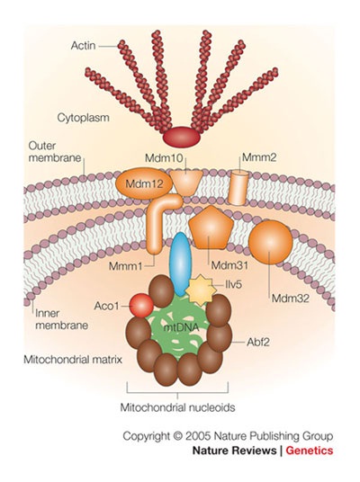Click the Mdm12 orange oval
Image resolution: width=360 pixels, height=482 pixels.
click(144, 183)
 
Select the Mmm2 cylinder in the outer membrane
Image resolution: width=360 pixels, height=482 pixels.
click(238, 188)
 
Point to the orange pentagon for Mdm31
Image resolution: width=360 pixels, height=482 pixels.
click(211, 228)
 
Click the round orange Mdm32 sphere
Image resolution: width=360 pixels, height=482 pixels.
click(271, 242)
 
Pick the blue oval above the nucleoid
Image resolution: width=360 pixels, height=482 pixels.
click(181, 264)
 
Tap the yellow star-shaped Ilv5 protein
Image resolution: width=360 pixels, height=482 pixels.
click(201, 290)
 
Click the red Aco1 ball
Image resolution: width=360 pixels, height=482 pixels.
click(141, 305)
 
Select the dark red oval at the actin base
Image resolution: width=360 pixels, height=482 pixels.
click(182, 137)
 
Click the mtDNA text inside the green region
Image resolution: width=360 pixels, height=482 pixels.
click(182, 327)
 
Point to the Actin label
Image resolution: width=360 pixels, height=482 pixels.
click(84, 46)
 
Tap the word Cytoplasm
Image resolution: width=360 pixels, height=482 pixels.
click(83, 118)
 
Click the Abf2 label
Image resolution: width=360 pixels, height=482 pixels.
click(258, 342)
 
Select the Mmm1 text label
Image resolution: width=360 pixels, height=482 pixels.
click(125, 266)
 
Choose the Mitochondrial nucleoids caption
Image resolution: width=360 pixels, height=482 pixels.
click(177, 407)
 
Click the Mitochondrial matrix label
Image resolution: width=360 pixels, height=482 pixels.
click(73, 360)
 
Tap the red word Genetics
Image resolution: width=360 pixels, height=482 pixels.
click(310, 451)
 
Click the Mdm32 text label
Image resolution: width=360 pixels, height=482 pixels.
click(291, 298)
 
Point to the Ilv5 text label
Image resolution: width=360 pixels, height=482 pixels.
click(233, 285)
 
